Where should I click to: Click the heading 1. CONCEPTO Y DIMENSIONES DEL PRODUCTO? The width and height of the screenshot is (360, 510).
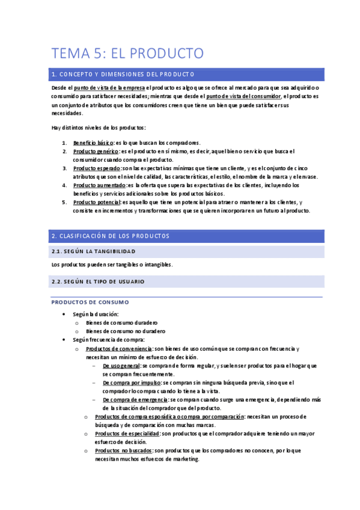(123, 75)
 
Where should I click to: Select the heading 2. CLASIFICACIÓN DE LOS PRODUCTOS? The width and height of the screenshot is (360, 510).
(111, 236)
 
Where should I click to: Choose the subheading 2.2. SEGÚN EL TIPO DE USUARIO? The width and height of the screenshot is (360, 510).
(98, 281)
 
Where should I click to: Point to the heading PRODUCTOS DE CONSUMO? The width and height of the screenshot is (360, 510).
(90, 302)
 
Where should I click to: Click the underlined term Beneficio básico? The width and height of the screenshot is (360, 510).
(93, 143)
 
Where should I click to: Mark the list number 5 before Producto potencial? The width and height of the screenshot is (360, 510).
(64, 202)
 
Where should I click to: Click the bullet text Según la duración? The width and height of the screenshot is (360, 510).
(96, 314)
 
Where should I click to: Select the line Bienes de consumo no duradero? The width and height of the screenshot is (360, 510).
(126, 331)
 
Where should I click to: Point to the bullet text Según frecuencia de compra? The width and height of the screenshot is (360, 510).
(109, 340)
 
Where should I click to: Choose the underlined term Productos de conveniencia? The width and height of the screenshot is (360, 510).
(119, 348)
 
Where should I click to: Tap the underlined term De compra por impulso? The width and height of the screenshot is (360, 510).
(130, 382)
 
